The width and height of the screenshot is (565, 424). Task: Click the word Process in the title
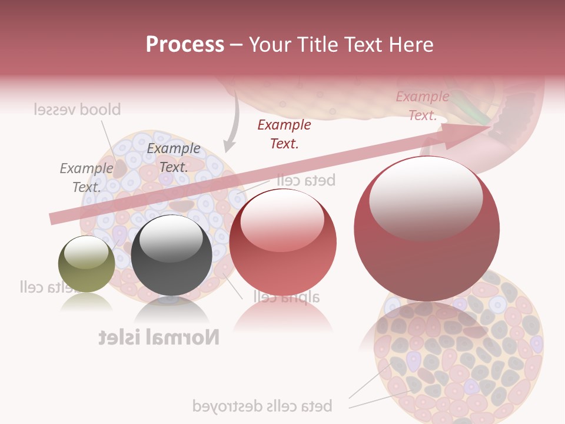(x=185, y=45)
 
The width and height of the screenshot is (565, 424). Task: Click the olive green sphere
(x=87, y=264)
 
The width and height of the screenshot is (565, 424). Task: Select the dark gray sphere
(x=171, y=256)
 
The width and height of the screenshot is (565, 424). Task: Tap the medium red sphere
(x=282, y=242)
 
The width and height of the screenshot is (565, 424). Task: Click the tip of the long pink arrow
(x=488, y=127)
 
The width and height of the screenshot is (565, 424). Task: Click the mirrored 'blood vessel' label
(x=77, y=110)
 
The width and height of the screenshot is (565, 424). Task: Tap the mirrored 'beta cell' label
(x=305, y=180)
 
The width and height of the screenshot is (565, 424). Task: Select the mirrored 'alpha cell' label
(x=287, y=296)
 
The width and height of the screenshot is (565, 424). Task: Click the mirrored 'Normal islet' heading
(x=159, y=337)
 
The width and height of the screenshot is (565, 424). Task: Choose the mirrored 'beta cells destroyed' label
(x=262, y=406)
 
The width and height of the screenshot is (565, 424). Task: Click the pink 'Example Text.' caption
(x=422, y=106)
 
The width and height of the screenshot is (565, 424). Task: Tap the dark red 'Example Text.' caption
(x=284, y=134)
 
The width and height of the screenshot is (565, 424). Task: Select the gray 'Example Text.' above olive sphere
(x=87, y=178)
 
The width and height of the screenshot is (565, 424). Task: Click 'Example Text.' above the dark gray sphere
(x=174, y=158)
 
